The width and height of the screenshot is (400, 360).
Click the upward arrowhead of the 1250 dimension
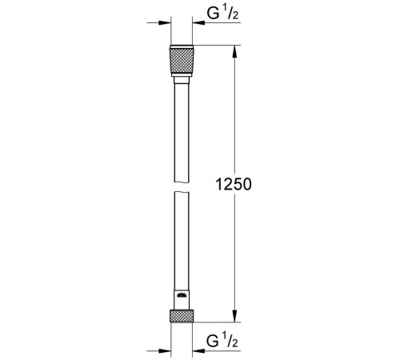point(234,50)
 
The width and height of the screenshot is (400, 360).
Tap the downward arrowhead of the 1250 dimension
point(234,317)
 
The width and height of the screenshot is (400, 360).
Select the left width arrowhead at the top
point(166,24)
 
